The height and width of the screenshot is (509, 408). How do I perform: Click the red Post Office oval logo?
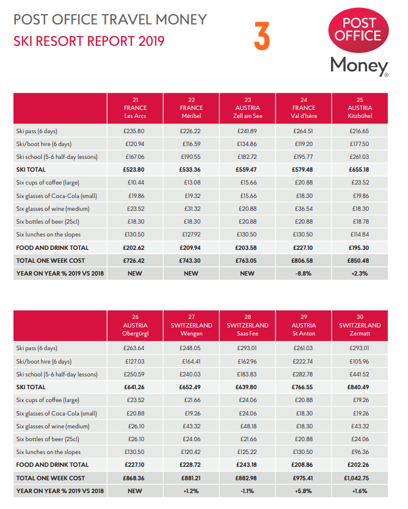coord(359,30)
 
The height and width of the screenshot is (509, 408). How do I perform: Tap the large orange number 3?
coord(262,36)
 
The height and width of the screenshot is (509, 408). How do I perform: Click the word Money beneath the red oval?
coord(359,66)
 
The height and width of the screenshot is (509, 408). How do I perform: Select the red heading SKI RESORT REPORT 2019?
coord(89,41)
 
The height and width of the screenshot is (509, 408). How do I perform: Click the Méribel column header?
coord(192,108)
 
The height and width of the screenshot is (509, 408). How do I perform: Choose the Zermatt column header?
coord(360,325)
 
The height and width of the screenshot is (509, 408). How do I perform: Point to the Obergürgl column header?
coord(135,325)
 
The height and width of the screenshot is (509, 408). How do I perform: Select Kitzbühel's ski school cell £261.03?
coord(359,157)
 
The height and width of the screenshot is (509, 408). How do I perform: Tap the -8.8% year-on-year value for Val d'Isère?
coord(303,274)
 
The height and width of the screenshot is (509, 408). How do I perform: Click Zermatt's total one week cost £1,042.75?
coord(359,478)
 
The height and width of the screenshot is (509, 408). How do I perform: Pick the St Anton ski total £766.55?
coord(302,387)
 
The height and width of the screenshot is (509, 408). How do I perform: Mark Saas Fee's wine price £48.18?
coord(249,427)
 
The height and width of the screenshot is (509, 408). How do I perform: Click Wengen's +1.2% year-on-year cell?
coord(191,491)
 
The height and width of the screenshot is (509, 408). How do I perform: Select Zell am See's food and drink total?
coord(246,247)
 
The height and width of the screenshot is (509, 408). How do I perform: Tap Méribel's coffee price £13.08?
coord(192,183)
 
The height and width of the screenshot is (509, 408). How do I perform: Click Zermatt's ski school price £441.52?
coord(359,375)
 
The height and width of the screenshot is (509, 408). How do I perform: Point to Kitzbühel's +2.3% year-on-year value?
coord(359,274)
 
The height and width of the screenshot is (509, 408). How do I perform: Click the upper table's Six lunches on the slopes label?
coord(48,235)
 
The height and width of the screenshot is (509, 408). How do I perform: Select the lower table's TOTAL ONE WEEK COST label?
coord(50,478)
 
